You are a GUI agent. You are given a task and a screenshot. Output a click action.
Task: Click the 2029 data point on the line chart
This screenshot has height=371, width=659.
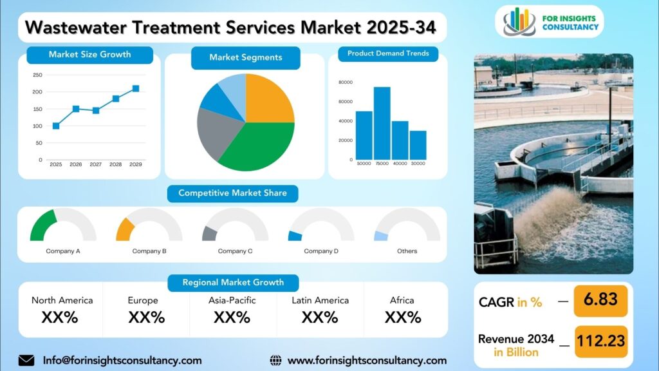(136, 89)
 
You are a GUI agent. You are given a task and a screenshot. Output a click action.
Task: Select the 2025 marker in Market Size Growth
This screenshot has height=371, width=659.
(56, 126)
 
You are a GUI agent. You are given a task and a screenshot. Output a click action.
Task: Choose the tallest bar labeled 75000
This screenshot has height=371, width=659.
(382, 123)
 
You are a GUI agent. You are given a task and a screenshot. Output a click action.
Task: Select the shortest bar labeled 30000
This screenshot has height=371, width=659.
(418, 145)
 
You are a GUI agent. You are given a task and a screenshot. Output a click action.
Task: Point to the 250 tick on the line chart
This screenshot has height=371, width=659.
(37, 75)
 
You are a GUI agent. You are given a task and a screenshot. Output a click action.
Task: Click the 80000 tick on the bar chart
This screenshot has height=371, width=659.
(345, 82)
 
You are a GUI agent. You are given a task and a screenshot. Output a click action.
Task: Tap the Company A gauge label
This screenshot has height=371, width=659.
(63, 251)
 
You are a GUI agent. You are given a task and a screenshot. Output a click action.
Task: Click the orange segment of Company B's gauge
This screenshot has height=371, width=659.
(124, 229)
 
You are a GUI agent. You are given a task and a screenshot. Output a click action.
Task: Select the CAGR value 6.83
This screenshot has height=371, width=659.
(600, 300)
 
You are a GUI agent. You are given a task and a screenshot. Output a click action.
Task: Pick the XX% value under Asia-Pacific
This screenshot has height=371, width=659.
(232, 317)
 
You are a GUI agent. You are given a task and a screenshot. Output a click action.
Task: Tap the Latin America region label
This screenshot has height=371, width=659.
(320, 300)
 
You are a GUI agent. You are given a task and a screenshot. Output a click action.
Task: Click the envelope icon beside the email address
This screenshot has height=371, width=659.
(26, 360)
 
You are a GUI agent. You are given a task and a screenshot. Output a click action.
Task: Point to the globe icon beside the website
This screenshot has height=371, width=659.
(275, 360)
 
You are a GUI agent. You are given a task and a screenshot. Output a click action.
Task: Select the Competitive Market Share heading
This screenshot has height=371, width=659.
(232, 193)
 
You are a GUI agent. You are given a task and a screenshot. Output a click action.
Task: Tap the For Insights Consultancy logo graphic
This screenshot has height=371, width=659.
(519, 22)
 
